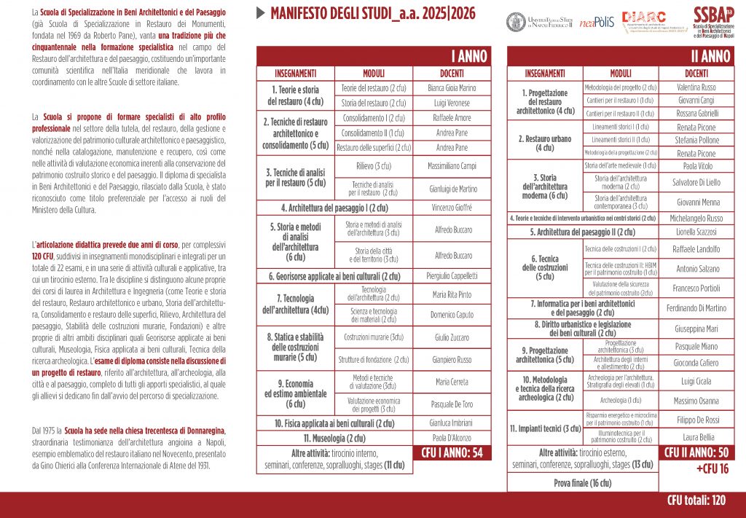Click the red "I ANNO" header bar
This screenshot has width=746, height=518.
[372, 56]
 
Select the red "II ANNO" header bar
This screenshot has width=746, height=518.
[621, 56]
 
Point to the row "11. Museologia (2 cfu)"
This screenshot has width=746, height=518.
[334, 438]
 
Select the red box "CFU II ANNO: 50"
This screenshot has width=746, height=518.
[696, 452]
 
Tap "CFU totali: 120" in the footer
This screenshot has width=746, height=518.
[696, 501]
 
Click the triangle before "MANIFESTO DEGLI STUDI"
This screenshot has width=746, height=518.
[261, 13]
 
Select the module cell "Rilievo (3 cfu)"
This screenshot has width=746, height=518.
[373, 166]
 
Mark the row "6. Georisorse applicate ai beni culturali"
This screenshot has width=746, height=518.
[334, 276]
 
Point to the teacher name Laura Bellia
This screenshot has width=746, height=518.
[696, 437]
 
